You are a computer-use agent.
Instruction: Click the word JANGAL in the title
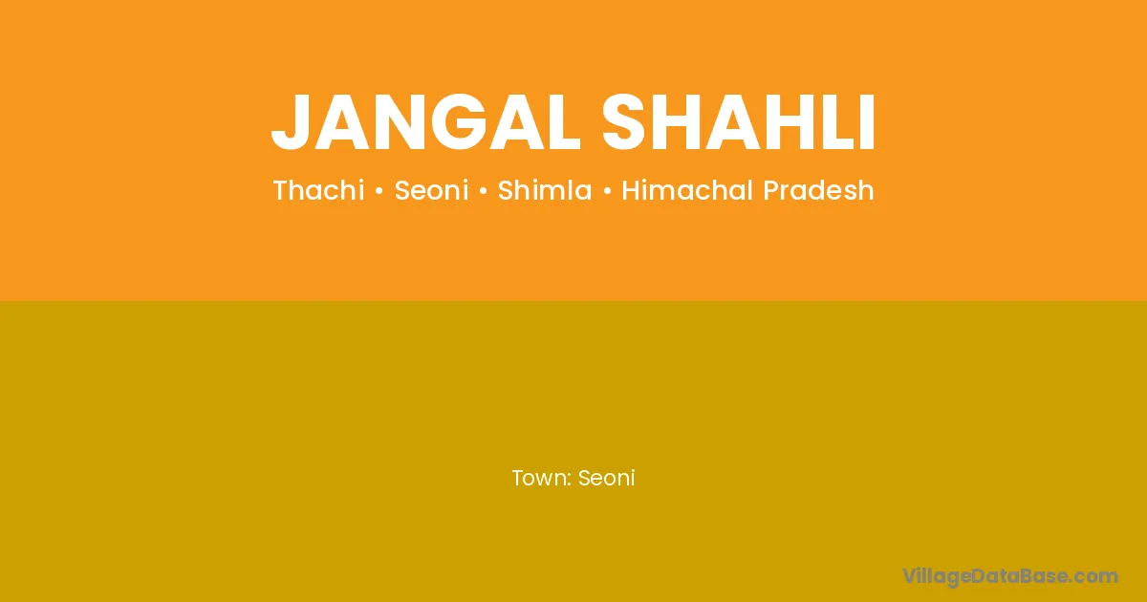tap(425, 122)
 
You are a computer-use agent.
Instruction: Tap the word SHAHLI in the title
tap(738, 122)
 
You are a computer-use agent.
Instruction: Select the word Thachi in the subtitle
tap(318, 190)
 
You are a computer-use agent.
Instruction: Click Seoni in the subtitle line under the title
tap(432, 190)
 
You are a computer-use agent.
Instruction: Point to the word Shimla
tap(545, 190)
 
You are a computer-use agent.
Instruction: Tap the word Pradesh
tap(818, 190)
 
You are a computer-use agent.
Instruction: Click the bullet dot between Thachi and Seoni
tap(379, 191)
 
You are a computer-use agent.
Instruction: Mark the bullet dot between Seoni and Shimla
tap(484, 191)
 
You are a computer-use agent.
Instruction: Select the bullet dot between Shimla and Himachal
tap(607, 191)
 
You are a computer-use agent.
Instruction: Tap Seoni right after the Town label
tap(606, 478)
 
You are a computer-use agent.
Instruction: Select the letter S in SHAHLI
tap(622, 122)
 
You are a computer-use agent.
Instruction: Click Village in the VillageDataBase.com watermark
tap(937, 576)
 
